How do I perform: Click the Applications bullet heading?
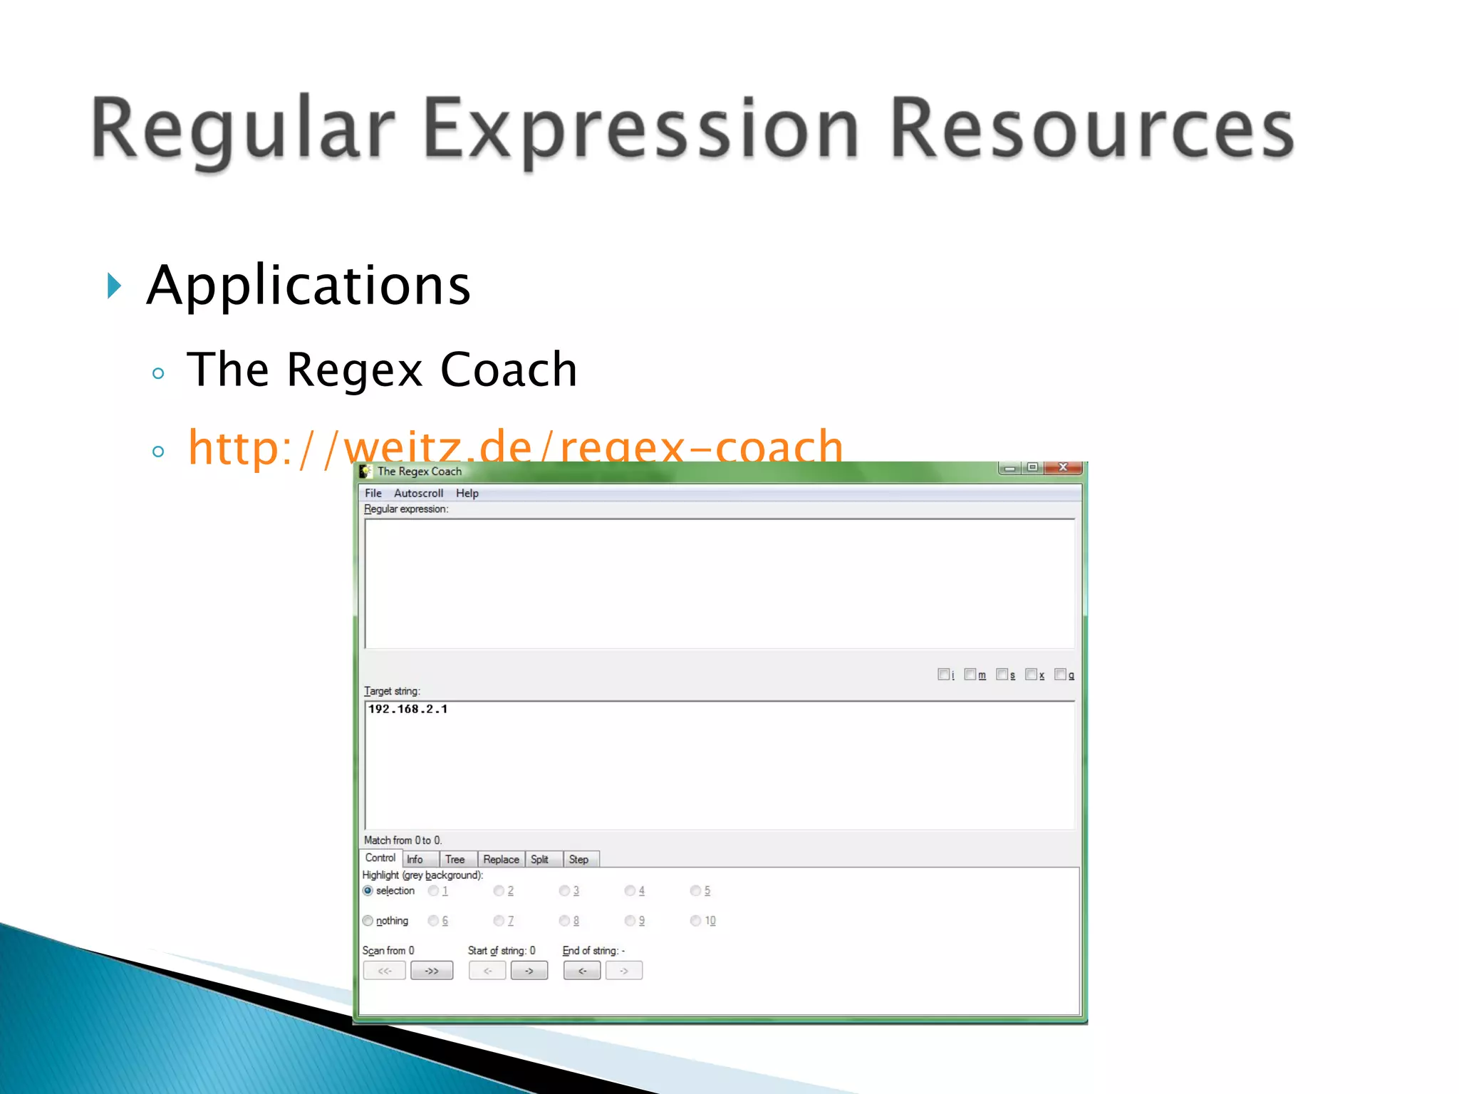[x=308, y=285]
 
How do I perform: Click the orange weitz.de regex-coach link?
[x=515, y=447]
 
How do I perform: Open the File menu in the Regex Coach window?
[x=373, y=493]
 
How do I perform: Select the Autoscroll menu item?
[x=418, y=493]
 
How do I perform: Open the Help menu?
[x=467, y=493]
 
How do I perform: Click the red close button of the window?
[x=1063, y=467]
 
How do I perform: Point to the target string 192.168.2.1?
[x=407, y=709]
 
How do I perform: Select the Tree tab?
[x=455, y=860]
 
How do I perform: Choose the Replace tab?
[x=501, y=860]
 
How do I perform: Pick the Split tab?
[x=539, y=860]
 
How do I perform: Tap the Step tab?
[x=578, y=860]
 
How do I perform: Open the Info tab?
[x=415, y=860]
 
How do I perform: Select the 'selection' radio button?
[x=368, y=891]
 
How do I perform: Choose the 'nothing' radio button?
[x=368, y=921]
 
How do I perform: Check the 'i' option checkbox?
[x=943, y=674]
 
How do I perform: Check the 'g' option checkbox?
[x=1060, y=674]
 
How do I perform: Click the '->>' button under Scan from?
[x=432, y=971]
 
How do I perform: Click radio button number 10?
[x=695, y=921]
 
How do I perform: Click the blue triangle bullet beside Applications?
[x=114, y=286]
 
